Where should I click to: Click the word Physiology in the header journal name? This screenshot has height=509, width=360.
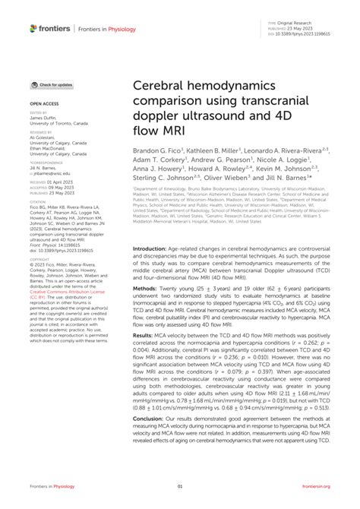coord(129,28)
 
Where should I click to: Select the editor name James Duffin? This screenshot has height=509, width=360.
coord(43,118)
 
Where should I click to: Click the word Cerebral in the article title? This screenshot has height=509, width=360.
coord(166,90)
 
